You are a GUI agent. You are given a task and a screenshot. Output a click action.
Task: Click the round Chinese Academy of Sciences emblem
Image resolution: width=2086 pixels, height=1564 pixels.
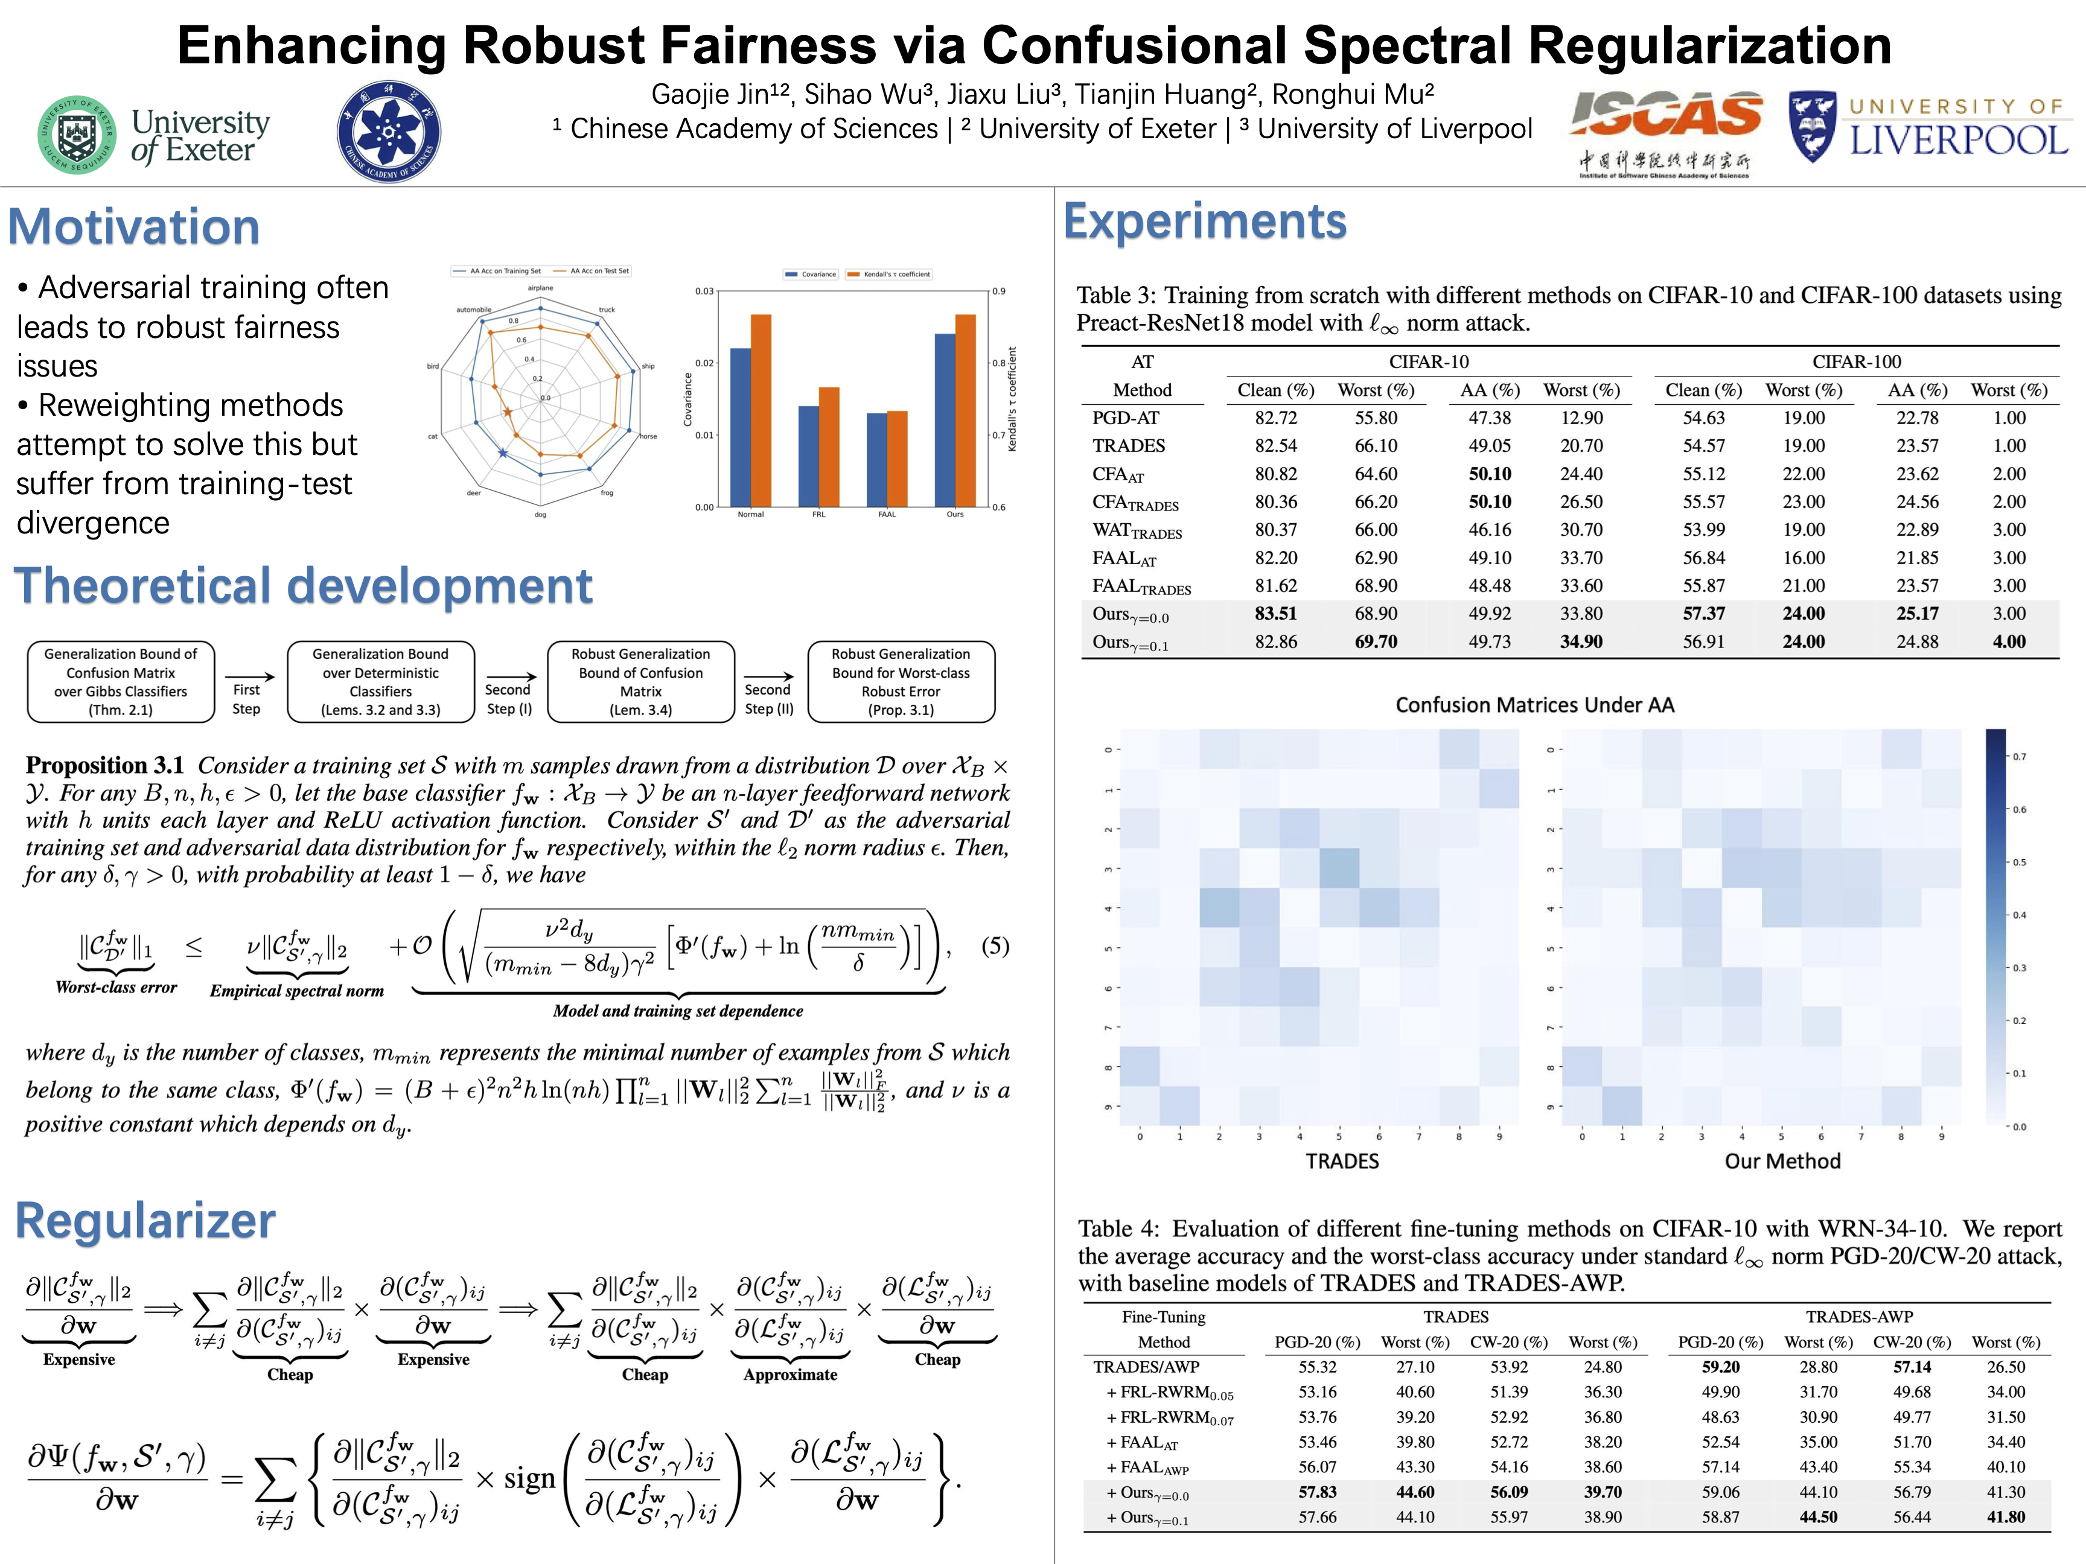point(389,132)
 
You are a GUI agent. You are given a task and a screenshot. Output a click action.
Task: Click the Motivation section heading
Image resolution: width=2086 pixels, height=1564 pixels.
point(134,227)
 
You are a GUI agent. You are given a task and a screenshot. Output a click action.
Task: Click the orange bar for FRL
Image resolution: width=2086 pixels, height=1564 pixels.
point(829,447)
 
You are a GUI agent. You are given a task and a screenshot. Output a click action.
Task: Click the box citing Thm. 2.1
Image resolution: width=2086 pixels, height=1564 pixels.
point(121,682)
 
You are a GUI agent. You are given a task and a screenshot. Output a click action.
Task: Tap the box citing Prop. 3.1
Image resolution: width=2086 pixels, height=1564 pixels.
point(901,682)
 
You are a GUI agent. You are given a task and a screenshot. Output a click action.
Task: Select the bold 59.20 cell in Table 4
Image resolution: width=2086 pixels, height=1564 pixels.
point(1720,1367)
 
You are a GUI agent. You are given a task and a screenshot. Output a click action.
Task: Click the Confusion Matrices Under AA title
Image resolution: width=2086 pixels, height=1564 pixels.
point(1534,705)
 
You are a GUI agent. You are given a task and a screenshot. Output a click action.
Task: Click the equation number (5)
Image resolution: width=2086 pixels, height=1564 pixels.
point(995,946)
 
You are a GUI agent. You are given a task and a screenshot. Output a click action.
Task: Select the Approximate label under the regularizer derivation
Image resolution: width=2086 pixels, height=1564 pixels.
point(789,1375)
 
